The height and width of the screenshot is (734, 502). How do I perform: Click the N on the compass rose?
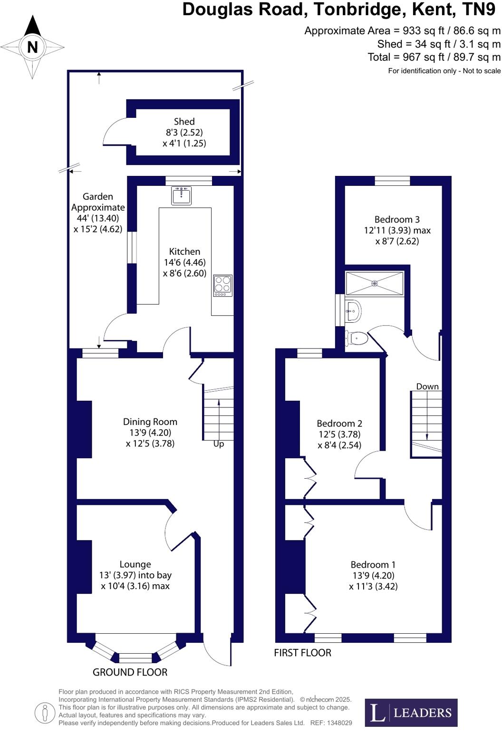(x=32, y=47)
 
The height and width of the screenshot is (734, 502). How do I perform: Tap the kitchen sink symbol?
(x=182, y=195)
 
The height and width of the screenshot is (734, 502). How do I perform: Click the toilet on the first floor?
(x=357, y=338)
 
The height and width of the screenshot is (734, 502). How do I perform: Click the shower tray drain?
(x=375, y=283)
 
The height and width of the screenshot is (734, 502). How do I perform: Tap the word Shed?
(x=184, y=122)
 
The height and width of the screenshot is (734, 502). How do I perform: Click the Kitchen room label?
(x=184, y=251)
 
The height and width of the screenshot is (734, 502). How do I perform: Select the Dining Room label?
(x=150, y=422)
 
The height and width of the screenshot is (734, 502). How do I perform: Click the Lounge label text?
(x=135, y=564)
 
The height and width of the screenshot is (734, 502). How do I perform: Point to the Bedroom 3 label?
(x=397, y=220)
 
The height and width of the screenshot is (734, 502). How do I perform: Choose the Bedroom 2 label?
(x=339, y=424)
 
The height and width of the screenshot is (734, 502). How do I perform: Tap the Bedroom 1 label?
(x=373, y=565)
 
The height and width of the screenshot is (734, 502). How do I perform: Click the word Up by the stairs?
(x=219, y=444)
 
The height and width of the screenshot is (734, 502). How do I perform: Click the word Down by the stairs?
(x=427, y=386)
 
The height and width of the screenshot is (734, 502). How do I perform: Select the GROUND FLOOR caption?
(x=130, y=672)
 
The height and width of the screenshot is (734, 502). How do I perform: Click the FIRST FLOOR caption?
(x=302, y=653)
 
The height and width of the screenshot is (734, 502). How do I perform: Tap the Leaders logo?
(x=411, y=713)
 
